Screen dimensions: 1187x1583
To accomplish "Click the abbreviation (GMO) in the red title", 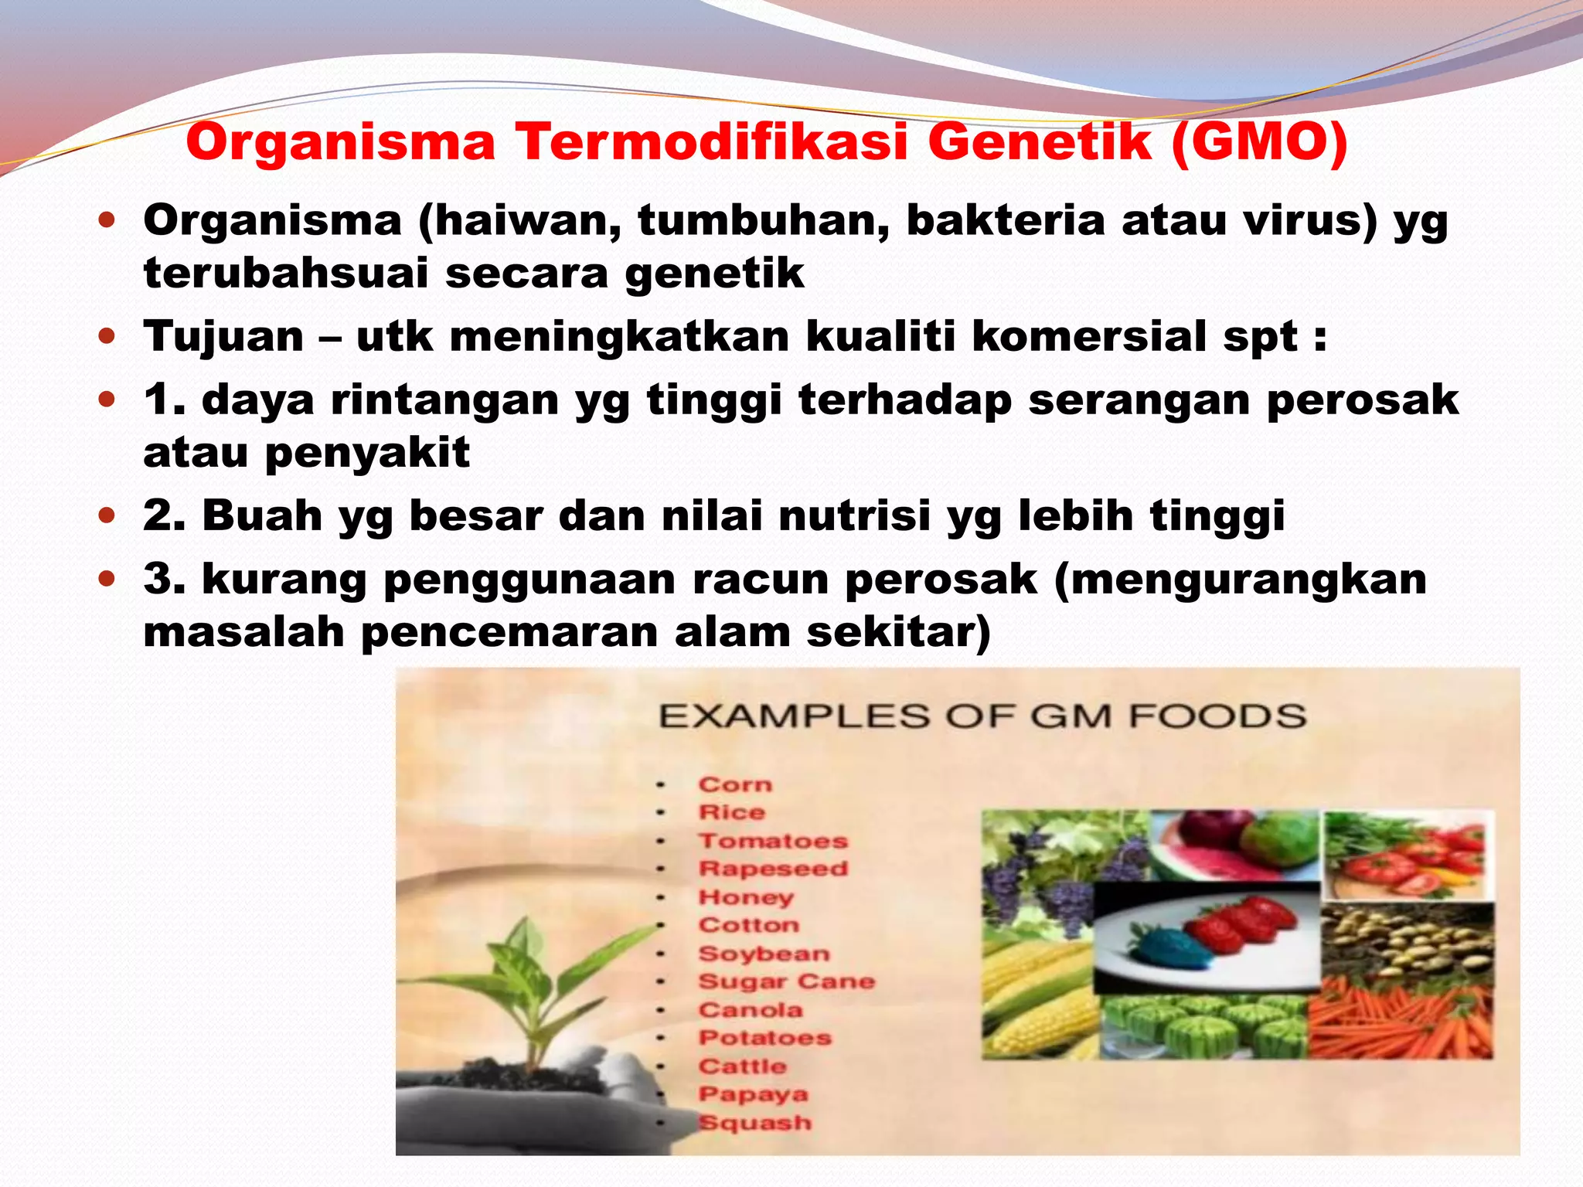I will (1260, 144).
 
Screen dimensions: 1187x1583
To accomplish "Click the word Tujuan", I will (223, 338).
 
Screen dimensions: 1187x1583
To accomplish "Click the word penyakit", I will (367, 453).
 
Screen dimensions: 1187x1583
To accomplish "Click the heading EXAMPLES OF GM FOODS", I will (982, 716).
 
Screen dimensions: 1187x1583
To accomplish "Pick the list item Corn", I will (735, 785).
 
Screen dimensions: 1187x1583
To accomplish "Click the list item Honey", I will (746, 897).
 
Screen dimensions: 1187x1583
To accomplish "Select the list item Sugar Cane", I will (786, 981).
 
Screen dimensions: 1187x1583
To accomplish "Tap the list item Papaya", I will (753, 1094).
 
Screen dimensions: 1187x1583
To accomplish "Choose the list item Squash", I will (754, 1123).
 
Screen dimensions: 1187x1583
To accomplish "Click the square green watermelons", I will (1206, 1028).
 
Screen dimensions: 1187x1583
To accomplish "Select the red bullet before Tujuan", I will (107, 337).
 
